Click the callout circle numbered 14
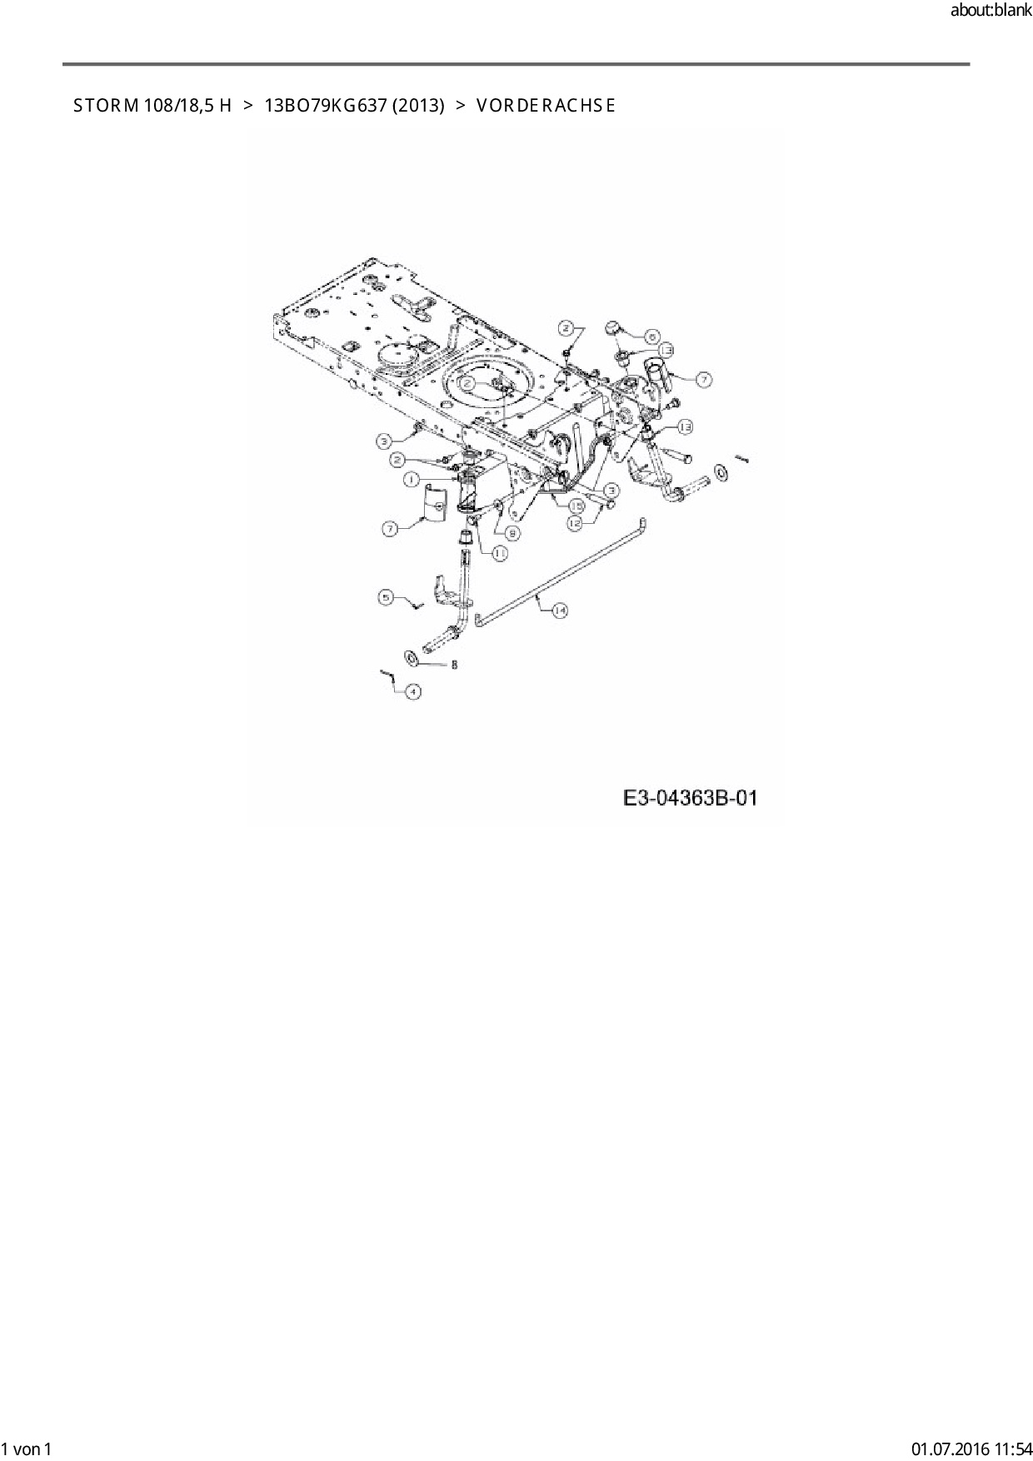pyautogui.click(x=560, y=611)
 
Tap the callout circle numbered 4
pyautogui.click(x=412, y=691)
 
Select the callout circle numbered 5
pyautogui.click(x=386, y=596)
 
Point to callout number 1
pyautogui.click(x=411, y=479)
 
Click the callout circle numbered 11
pyautogui.click(x=500, y=552)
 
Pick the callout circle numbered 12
pyautogui.click(x=575, y=523)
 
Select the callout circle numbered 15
pyautogui.click(x=576, y=505)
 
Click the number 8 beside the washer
pyautogui.click(x=454, y=665)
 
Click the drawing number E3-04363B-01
pyautogui.click(x=691, y=798)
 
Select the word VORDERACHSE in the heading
pyautogui.click(x=546, y=106)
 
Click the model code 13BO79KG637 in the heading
pyautogui.click(x=324, y=106)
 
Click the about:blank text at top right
pyautogui.click(x=991, y=11)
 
